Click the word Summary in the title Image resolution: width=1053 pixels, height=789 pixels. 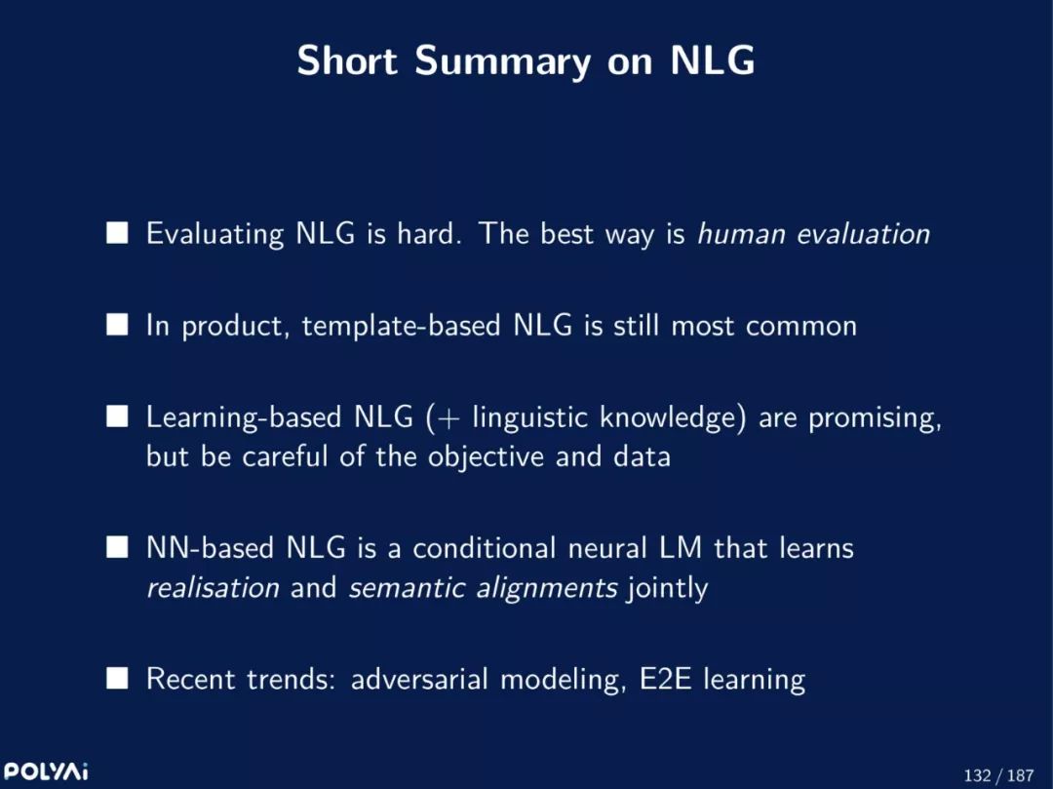pyautogui.click(x=503, y=61)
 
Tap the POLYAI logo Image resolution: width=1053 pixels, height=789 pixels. pyautogui.click(x=46, y=770)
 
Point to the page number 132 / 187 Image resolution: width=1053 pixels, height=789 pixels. pyautogui.click(x=998, y=775)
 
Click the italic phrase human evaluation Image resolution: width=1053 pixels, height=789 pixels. pyautogui.click(x=814, y=234)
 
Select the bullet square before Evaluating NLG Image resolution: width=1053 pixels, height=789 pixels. pyautogui.click(x=117, y=233)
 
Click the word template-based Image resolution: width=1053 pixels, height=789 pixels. pyautogui.click(x=401, y=326)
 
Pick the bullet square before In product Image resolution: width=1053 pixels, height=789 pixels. pyautogui.click(x=117, y=325)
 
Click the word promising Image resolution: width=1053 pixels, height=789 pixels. pyautogui.click(x=875, y=418)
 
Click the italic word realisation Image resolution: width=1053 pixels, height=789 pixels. pyautogui.click(x=213, y=587)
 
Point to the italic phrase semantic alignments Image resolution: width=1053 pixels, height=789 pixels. pyautogui.click(x=483, y=588)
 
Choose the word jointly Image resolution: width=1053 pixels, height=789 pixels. pyautogui.click(x=668, y=588)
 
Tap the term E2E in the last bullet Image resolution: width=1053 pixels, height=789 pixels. pyautogui.click(x=665, y=679)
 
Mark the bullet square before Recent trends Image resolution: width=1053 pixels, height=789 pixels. pyautogui.click(x=117, y=678)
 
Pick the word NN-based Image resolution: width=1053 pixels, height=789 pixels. pyautogui.click(x=210, y=548)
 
